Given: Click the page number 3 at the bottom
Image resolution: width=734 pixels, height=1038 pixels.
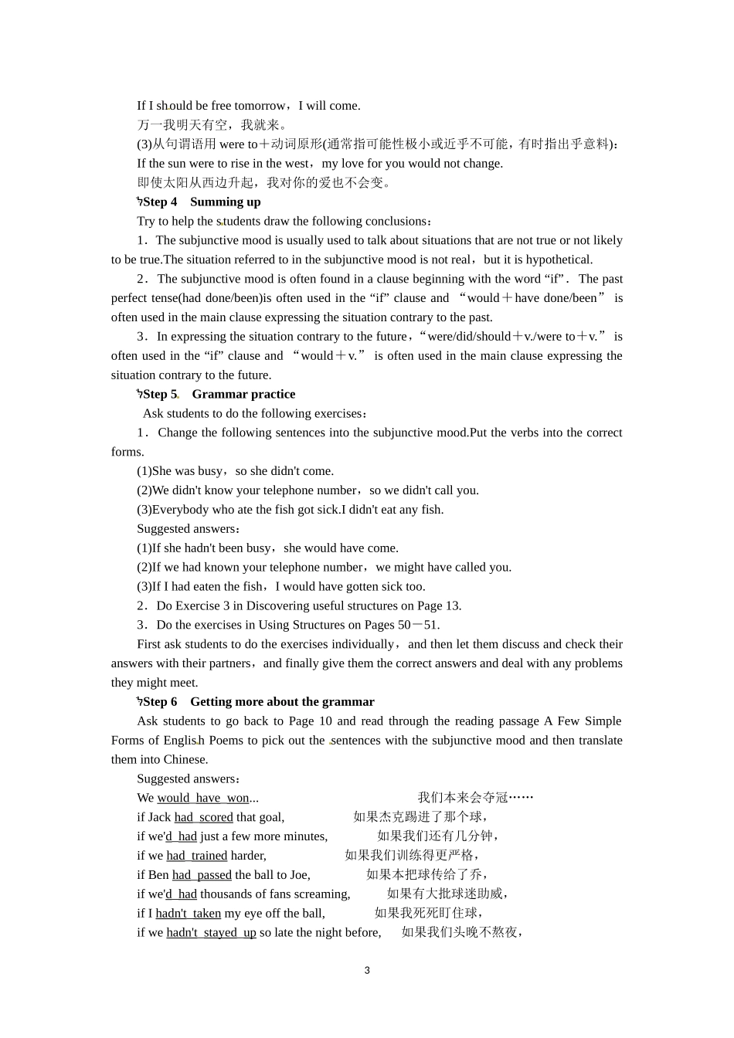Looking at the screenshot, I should point(367,970).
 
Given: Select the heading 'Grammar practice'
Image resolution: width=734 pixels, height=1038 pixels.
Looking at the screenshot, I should point(243,394).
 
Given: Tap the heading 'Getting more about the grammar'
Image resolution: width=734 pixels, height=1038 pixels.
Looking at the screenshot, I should point(282,701).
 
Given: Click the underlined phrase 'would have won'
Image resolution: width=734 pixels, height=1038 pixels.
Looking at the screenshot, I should point(203,798).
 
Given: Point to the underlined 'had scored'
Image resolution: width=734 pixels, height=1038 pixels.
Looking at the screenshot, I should point(203,817).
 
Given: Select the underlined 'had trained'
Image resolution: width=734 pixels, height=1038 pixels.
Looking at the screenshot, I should point(197,856).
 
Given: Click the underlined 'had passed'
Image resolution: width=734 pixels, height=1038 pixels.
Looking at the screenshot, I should point(202,875).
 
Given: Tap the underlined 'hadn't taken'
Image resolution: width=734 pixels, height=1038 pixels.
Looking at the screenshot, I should point(188,914).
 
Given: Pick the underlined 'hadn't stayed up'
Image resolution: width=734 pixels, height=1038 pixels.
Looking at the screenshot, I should point(211,933).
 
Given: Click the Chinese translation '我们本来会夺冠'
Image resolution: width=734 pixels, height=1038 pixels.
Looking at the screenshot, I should point(462,798).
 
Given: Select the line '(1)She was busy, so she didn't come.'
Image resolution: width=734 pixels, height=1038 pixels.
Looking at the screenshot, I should point(235,471).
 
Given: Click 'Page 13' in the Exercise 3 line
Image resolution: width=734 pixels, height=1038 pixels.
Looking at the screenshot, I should point(438,605).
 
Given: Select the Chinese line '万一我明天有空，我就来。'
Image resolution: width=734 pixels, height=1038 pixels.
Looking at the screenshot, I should point(212,125).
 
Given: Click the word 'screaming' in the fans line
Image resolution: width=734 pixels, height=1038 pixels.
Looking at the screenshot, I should point(324,894).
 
